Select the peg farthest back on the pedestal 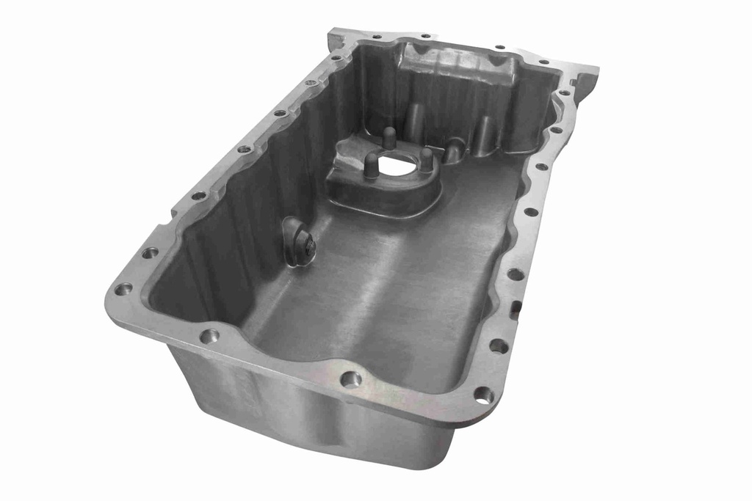pos(389,137)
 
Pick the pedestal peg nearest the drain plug pos(372,166)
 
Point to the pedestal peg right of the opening pos(426,158)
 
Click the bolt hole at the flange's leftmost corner pos(123,288)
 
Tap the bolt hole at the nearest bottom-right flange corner pos(483,395)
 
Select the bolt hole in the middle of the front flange pos(350,379)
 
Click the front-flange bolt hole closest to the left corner pos(209,336)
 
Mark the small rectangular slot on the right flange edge pos(516,307)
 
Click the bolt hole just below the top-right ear pos(564,93)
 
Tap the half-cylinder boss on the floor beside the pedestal pos(455,149)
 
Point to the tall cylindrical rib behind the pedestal pos(415,117)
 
